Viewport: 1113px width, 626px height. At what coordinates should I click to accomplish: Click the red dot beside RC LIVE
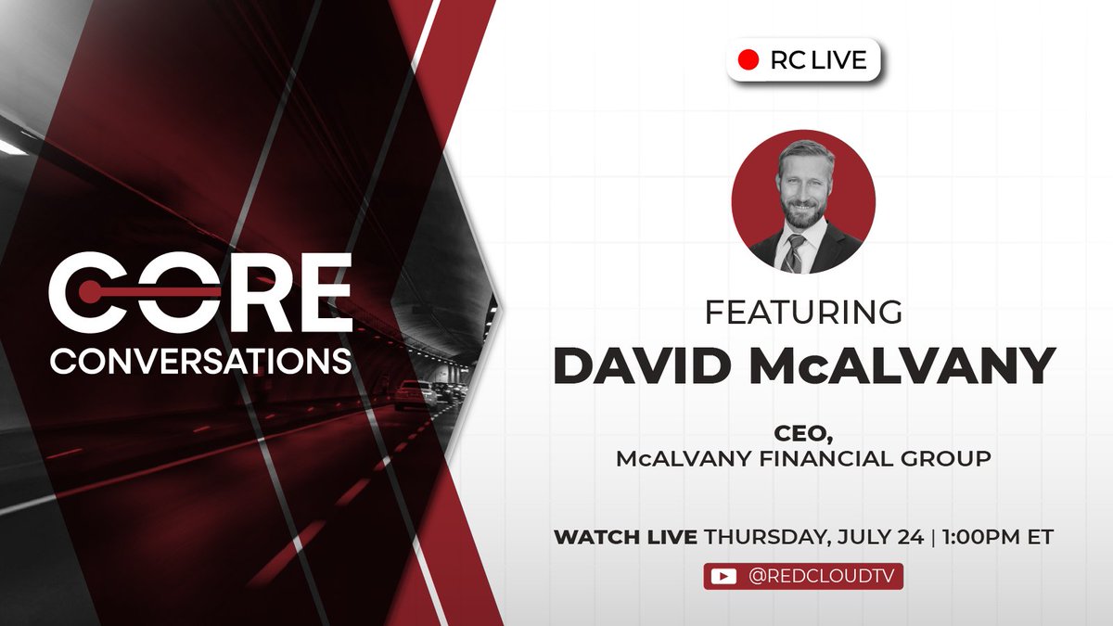748,59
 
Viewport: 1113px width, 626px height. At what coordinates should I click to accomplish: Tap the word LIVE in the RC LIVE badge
839,60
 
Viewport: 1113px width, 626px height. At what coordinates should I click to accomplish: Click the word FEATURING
803,312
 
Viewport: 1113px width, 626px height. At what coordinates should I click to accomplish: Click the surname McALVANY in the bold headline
902,365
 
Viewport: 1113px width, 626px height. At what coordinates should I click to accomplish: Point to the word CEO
803,434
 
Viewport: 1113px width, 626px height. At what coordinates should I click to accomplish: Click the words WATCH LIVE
625,537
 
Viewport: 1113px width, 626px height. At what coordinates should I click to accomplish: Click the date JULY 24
880,537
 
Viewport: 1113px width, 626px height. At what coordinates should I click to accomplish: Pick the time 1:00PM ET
997,537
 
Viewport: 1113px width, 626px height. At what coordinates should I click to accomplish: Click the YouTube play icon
723,576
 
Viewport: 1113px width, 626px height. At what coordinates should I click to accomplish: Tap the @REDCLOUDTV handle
822,576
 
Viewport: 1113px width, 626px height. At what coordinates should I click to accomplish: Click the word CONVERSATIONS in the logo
200,361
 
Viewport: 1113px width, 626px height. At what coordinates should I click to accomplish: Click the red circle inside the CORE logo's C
89,291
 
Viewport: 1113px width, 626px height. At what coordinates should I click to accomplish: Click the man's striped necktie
794,253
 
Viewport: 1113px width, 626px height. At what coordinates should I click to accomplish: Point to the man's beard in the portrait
801,212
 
